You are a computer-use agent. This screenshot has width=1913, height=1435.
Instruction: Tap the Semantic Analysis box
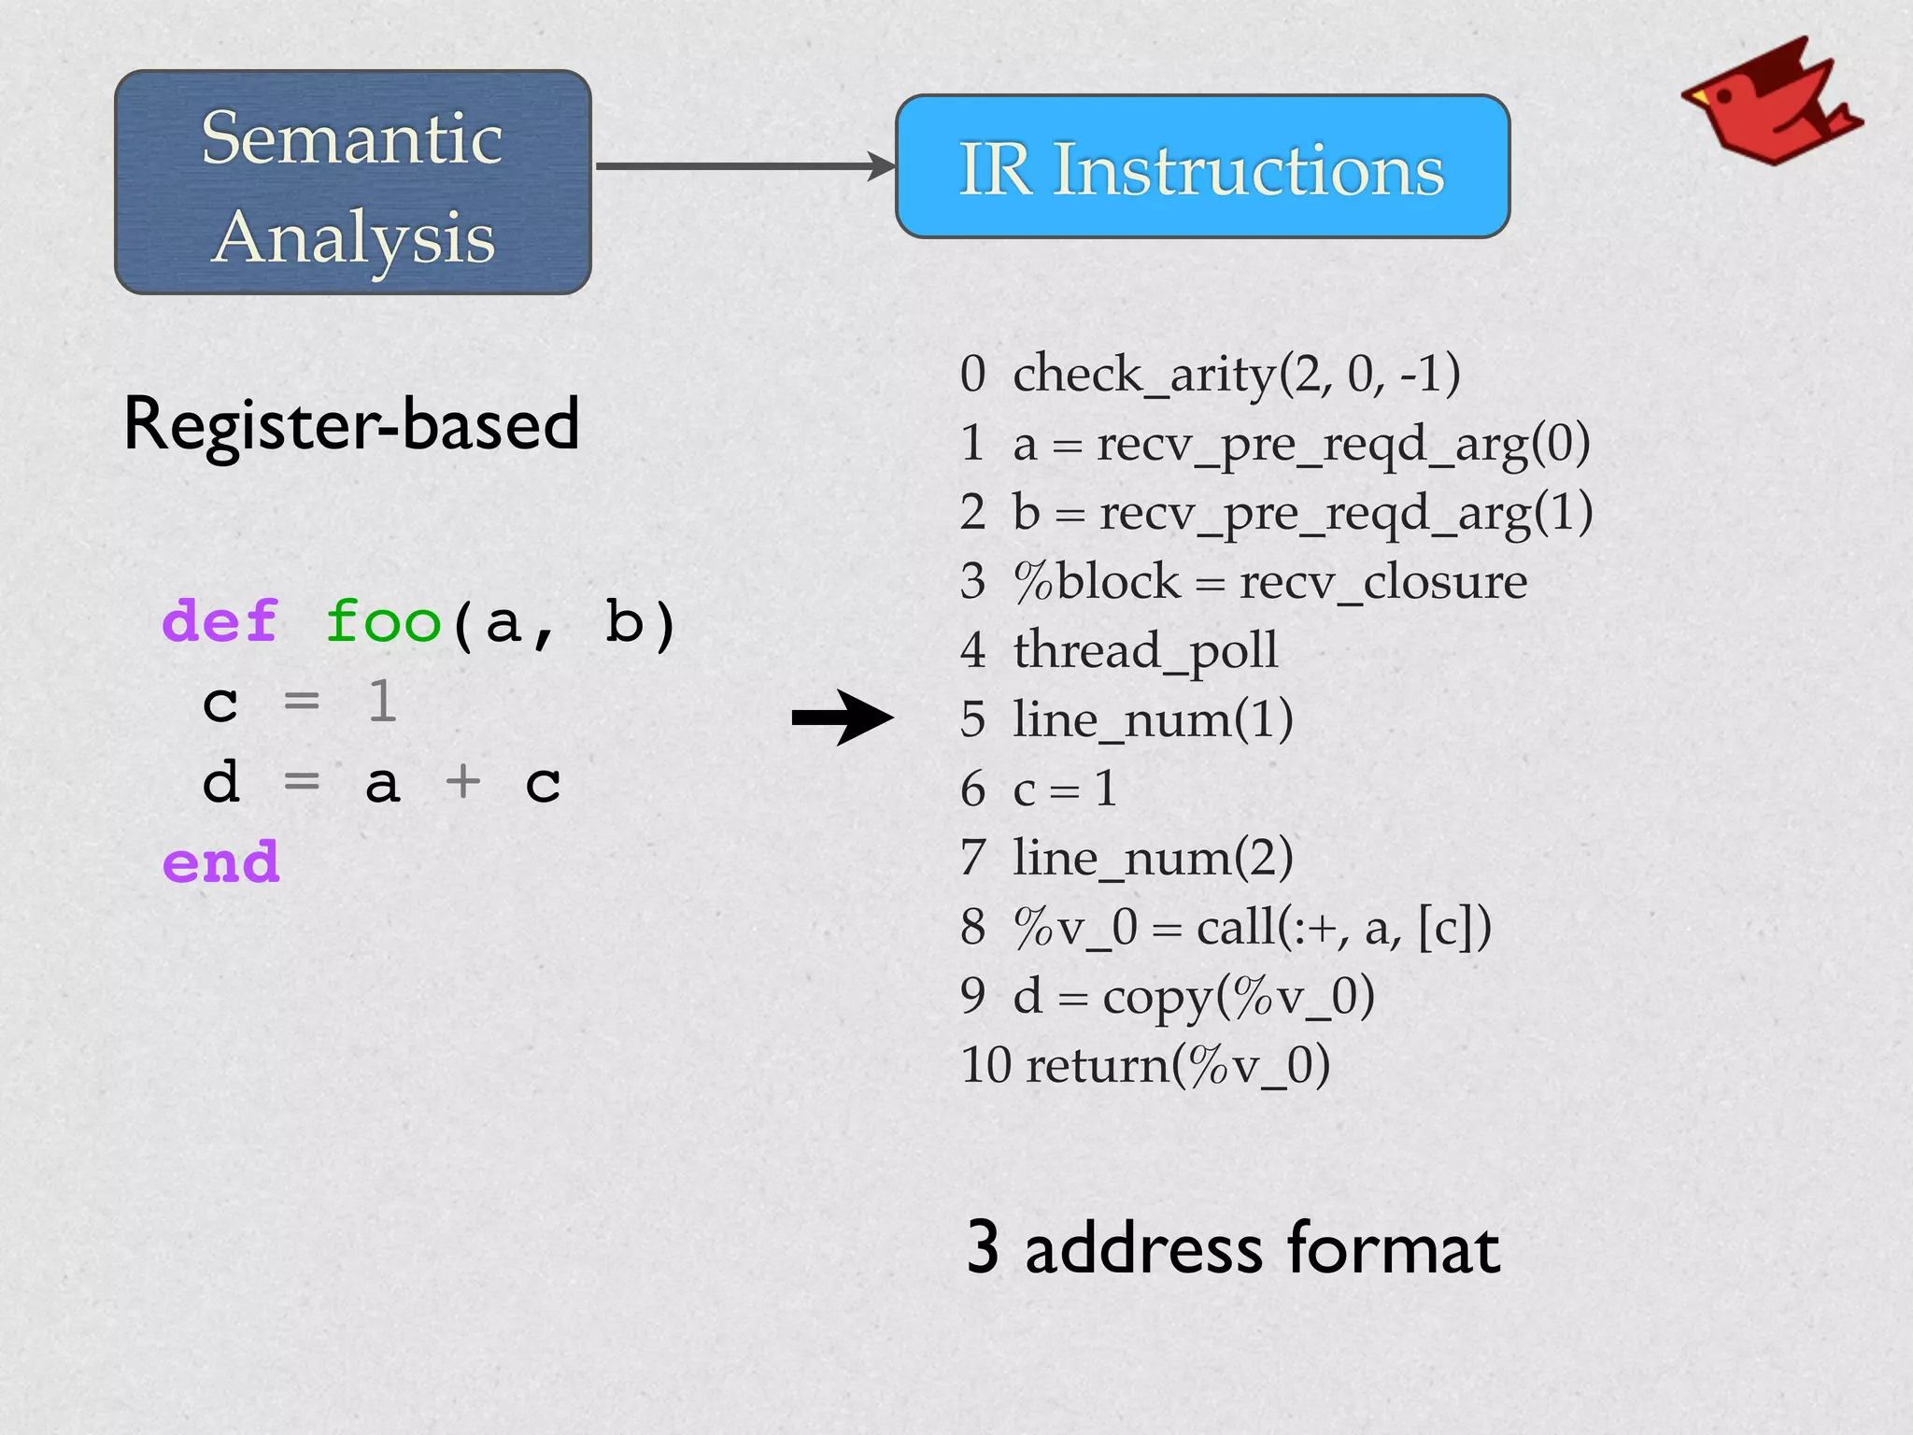(x=353, y=183)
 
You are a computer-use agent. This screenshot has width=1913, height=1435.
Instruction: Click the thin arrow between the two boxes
(x=744, y=166)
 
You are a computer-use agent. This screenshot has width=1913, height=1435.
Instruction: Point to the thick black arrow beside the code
(x=842, y=717)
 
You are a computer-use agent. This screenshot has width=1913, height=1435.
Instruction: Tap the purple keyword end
(x=220, y=861)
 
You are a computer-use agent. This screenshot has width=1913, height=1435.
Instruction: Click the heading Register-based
(x=351, y=424)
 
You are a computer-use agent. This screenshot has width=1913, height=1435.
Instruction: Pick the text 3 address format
(x=1233, y=1248)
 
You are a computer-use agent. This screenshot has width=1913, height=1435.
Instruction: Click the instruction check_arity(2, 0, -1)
(x=1236, y=374)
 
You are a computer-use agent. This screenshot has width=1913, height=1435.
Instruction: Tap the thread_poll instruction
(x=1145, y=650)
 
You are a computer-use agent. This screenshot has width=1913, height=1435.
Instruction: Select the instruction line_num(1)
(x=1153, y=719)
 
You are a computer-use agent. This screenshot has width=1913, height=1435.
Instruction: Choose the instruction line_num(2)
(x=1153, y=858)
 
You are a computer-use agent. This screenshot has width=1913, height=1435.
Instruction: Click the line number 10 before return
(x=985, y=1065)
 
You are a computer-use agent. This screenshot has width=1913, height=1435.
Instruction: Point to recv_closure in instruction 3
(x=1382, y=581)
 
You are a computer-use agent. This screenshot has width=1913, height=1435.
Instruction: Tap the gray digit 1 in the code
(x=382, y=702)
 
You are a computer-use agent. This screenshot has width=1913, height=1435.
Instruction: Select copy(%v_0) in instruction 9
(x=1239, y=996)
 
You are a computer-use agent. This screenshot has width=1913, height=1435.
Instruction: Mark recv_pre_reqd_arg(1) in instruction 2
(x=1345, y=513)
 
